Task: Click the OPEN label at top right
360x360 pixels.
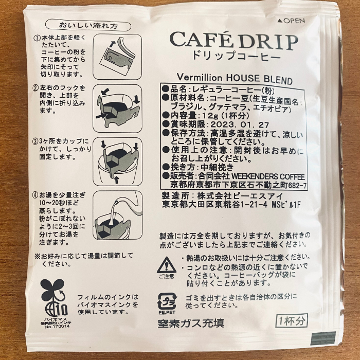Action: click(x=292, y=21)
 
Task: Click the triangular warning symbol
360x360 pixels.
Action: click(x=167, y=265)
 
